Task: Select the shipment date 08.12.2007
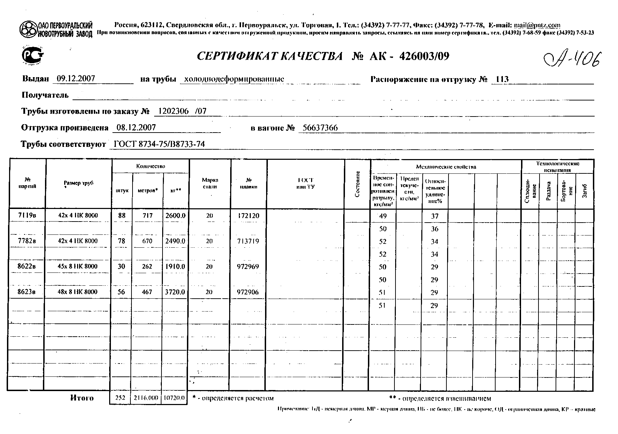(136, 127)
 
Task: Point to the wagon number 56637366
(320, 128)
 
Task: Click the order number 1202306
(173, 111)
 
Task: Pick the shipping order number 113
(502, 79)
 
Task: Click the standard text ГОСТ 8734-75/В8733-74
(159, 144)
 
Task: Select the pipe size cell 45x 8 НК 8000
(77, 267)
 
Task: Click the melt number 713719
(248, 241)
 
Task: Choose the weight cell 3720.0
(175, 292)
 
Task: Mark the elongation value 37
(435, 216)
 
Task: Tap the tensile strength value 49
(383, 216)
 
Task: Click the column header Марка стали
(210, 183)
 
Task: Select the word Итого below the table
(82, 398)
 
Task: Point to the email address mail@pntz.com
(537, 25)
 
